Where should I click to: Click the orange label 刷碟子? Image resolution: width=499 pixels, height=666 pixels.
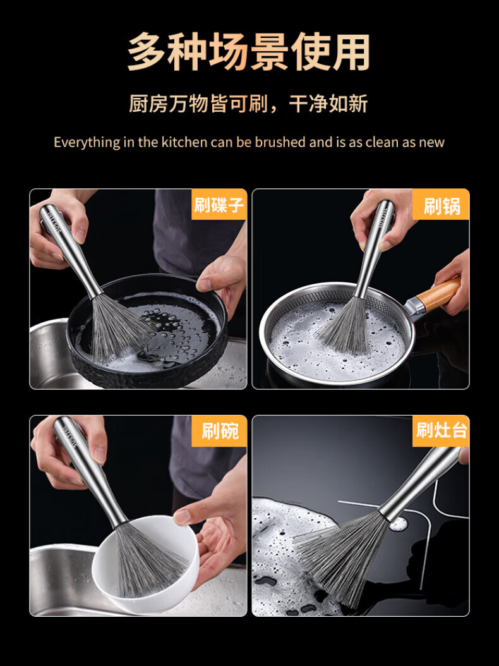click(219, 204)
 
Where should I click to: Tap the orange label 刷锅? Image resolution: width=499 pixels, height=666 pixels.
click(441, 204)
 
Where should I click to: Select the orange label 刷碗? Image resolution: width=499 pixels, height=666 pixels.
click(219, 431)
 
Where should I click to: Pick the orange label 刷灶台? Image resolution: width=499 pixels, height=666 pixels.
click(441, 431)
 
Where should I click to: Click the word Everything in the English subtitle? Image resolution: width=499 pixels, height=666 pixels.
click(87, 142)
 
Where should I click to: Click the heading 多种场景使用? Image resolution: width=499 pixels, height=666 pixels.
click(249, 52)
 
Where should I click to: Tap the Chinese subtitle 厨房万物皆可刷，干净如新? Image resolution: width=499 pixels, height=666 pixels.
click(248, 104)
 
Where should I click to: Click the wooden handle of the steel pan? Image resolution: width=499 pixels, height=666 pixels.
click(436, 294)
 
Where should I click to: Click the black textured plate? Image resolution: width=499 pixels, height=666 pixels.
click(147, 331)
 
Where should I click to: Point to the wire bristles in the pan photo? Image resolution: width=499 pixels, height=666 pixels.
click(343, 325)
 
